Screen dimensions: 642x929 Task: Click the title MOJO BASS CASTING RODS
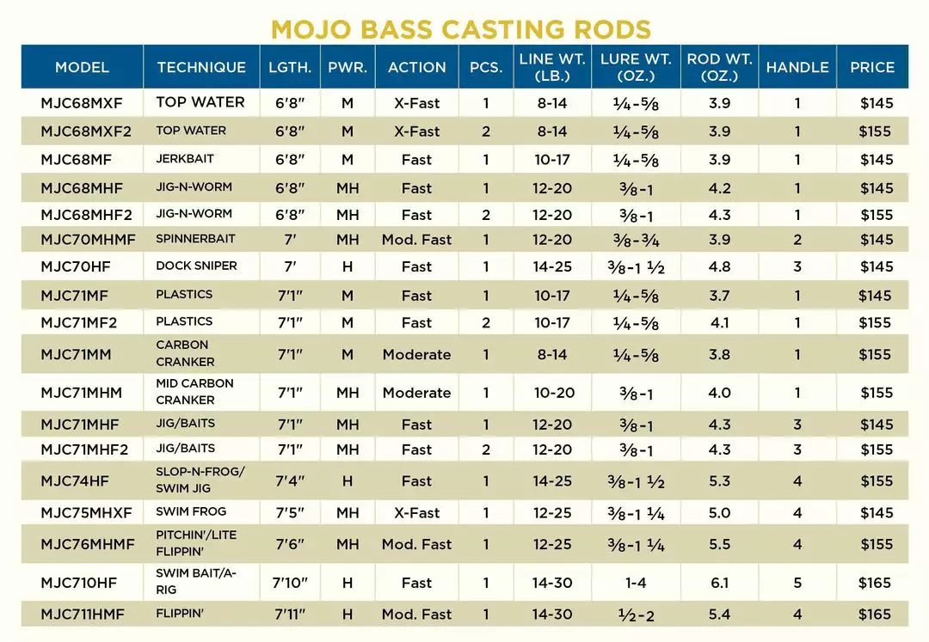tap(461, 28)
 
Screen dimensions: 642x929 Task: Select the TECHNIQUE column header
tap(201, 67)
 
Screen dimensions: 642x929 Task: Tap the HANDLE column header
tap(797, 67)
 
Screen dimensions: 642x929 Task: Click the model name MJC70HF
tap(76, 266)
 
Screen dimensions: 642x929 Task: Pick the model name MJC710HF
tap(79, 583)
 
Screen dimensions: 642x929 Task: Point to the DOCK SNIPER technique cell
tap(196, 266)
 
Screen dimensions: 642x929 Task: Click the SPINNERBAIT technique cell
tap(195, 238)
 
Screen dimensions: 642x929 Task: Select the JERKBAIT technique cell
tap(185, 159)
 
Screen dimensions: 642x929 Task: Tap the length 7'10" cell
tap(292, 583)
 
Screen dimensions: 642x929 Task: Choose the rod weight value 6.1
tap(719, 583)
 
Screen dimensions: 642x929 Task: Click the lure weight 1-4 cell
tap(636, 583)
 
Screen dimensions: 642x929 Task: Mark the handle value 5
tap(797, 583)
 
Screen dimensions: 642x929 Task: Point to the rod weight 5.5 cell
tap(719, 545)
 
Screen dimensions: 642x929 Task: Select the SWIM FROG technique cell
tap(191, 512)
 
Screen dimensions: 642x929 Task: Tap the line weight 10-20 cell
tap(551, 393)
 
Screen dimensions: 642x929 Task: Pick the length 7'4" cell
tap(292, 481)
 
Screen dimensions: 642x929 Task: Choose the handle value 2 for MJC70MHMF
tap(797, 240)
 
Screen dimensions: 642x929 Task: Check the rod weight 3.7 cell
tap(719, 296)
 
